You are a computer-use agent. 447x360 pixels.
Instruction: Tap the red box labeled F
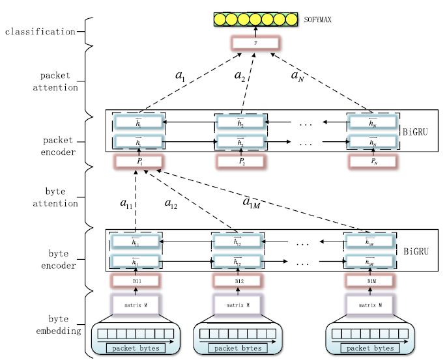pyautogui.click(x=255, y=44)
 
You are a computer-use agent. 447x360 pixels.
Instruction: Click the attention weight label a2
pyautogui.click(x=240, y=76)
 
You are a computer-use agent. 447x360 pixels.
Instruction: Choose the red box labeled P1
pyautogui.click(x=139, y=160)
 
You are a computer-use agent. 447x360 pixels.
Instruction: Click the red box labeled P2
pyautogui.click(x=241, y=160)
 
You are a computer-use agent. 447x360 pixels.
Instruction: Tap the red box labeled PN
pyautogui.click(x=371, y=160)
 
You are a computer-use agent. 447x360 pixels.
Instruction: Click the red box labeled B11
pyautogui.click(x=136, y=281)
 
